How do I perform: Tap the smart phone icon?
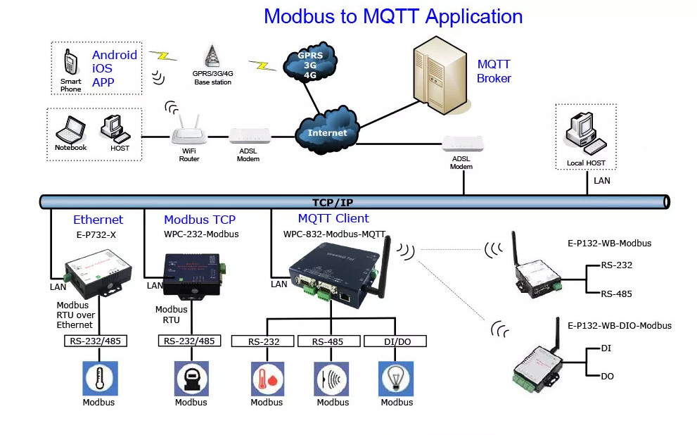(70, 62)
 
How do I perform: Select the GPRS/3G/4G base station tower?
(212, 56)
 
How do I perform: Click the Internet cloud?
(328, 131)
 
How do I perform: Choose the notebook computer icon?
(70, 130)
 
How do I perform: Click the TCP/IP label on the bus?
(333, 203)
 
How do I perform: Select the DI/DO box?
(395, 341)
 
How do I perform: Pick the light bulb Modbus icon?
(395, 379)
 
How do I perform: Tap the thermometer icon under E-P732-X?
(100, 379)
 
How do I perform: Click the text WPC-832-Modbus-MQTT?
(334, 234)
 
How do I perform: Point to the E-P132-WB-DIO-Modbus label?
(620, 326)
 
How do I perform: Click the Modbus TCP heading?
(200, 220)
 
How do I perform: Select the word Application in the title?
(474, 17)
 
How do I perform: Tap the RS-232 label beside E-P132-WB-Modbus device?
(617, 265)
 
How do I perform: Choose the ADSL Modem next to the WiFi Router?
(250, 136)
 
